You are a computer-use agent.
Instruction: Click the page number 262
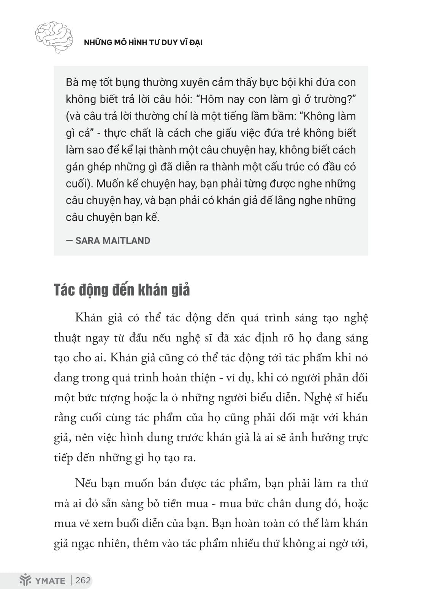(83, 580)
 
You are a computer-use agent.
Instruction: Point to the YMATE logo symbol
(25, 581)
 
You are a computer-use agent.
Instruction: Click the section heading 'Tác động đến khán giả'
(122, 290)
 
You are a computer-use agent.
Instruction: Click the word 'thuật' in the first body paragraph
(67, 338)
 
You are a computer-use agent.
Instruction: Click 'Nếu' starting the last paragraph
(86, 484)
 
